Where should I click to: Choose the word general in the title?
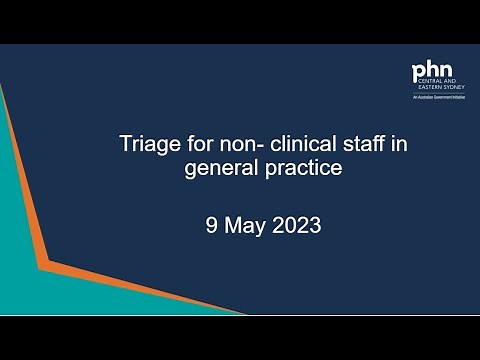pyautogui.click(x=219, y=168)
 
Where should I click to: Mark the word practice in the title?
pyautogui.click(x=301, y=168)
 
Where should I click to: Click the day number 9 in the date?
pyautogui.click(x=210, y=225)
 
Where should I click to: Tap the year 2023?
pyautogui.click(x=296, y=225)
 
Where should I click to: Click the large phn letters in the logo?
pyautogui.click(x=432, y=73)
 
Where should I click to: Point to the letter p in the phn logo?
pyautogui.click(x=420, y=74)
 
